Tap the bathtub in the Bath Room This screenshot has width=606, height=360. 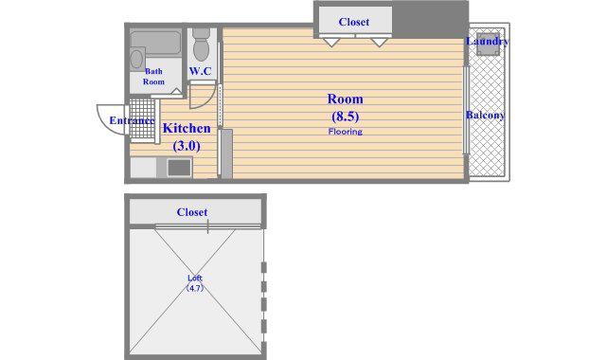[155, 43]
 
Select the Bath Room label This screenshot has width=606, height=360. [153, 76]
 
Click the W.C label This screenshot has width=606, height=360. [200, 71]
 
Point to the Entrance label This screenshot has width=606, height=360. [133, 120]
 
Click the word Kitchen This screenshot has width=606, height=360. [187, 128]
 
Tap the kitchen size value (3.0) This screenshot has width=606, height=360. [187, 146]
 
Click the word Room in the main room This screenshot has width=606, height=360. [345, 99]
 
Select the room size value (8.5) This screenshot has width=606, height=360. [345, 116]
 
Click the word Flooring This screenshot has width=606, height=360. [345, 132]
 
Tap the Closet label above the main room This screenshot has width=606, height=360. [353, 22]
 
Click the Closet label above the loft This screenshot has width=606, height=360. [192, 212]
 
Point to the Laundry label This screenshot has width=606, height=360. [487, 42]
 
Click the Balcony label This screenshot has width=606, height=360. [486, 116]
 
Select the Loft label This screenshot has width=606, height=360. [195, 278]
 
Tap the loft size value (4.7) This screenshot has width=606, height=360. [195, 288]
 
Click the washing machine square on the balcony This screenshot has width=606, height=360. [488, 45]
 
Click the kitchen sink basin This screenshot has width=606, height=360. [179, 168]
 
